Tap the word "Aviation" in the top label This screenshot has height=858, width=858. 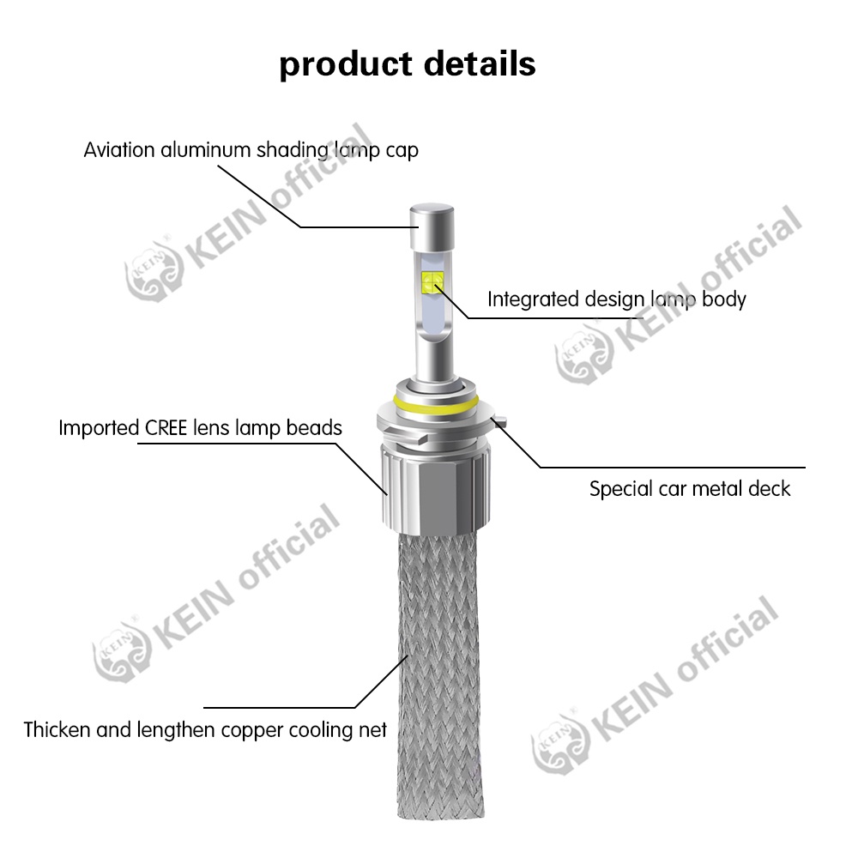coord(118,150)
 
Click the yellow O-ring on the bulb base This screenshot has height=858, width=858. coord(432,402)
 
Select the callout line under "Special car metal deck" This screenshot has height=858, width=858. coord(669,468)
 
